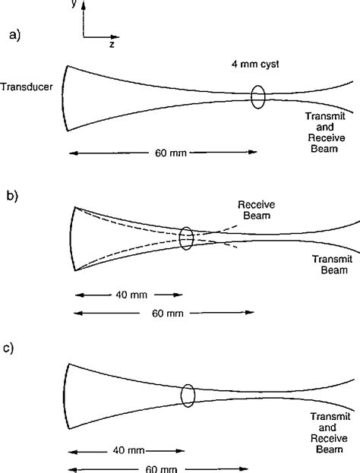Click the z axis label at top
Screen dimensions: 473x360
[x=111, y=45]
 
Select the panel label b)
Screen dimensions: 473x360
[x=13, y=197]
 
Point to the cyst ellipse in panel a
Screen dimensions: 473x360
[x=258, y=96]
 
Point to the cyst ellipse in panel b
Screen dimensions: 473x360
[x=186, y=238]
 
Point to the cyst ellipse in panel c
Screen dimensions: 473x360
[x=188, y=396]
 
